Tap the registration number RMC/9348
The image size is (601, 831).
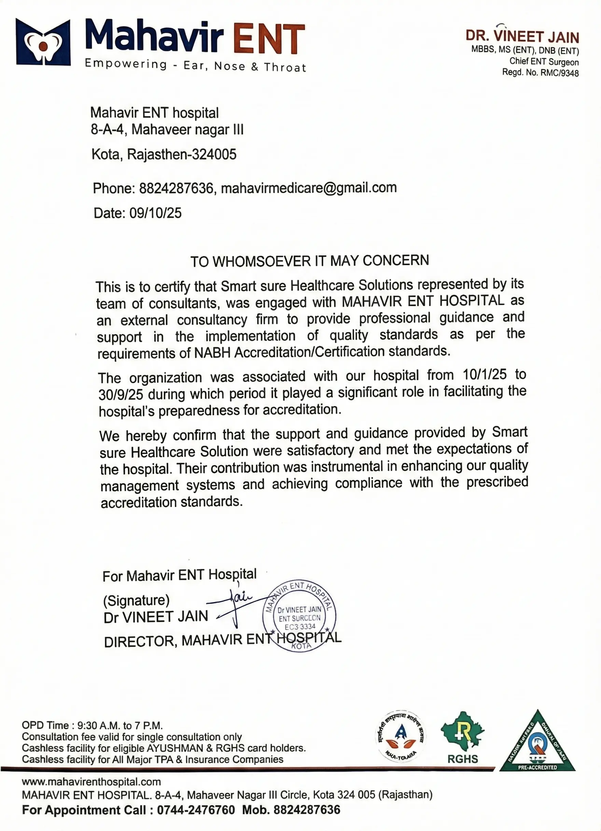pyautogui.click(x=559, y=72)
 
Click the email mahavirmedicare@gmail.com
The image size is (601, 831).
pyautogui.click(x=309, y=188)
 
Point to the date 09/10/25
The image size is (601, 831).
pyautogui.click(x=155, y=213)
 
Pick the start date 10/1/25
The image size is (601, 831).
pyautogui.click(x=485, y=374)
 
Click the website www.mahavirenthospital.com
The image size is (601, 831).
pyautogui.click(x=91, y=782)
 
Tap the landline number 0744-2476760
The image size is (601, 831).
pyautogui.click(x=196, y=810)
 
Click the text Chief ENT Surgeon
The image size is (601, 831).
pyautogui.click(x=544, y=62)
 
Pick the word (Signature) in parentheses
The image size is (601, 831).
pyautogui.click(x=136, y=600)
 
